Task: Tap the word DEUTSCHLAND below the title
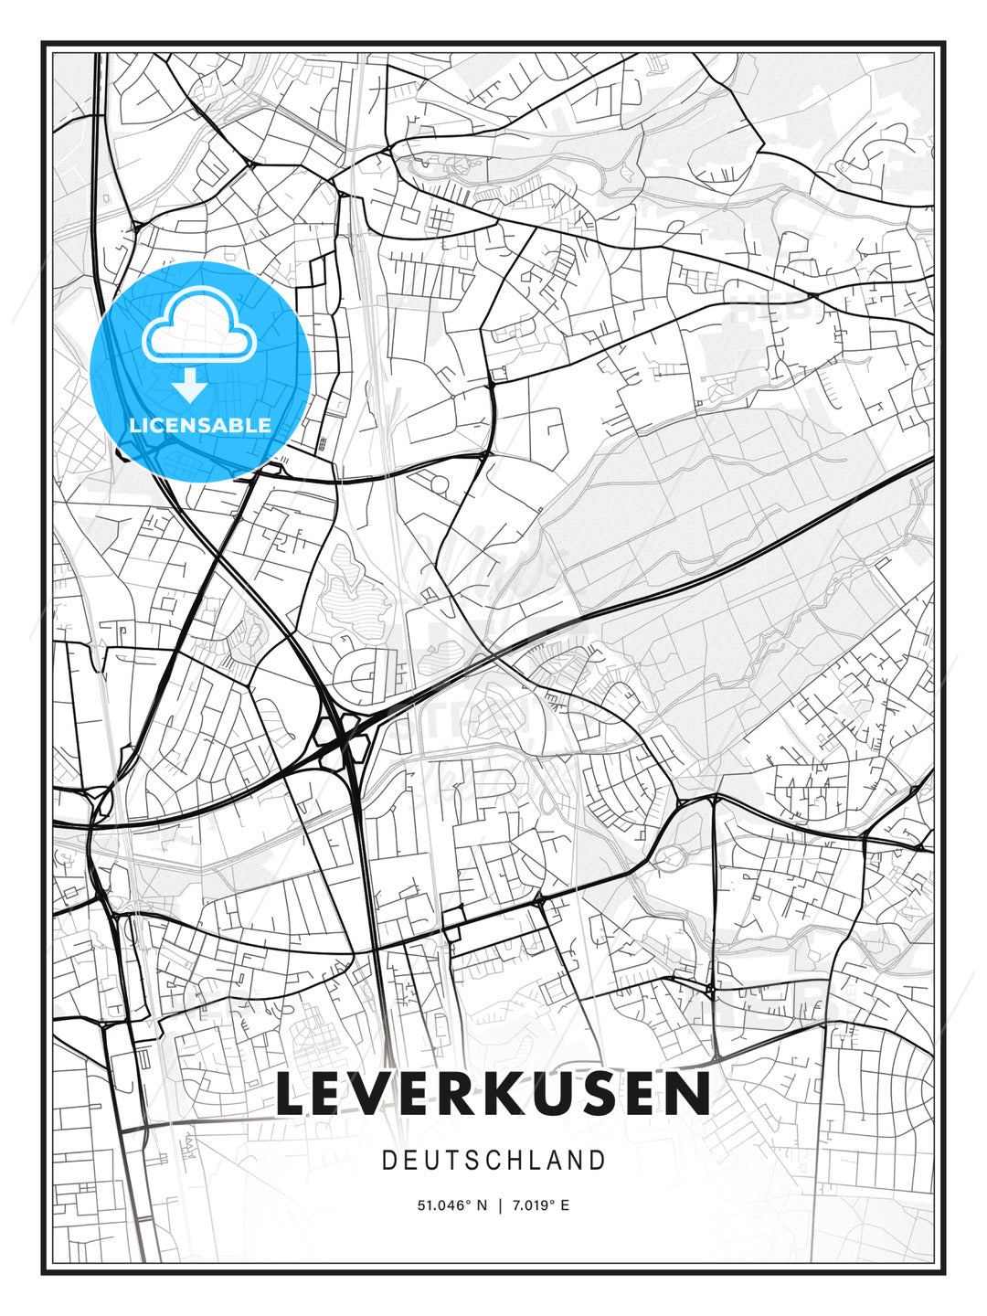493,1161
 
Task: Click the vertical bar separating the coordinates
500,1205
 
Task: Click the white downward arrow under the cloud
190,386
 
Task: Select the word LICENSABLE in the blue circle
200,425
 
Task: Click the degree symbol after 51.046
466,1202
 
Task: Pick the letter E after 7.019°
565,1205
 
